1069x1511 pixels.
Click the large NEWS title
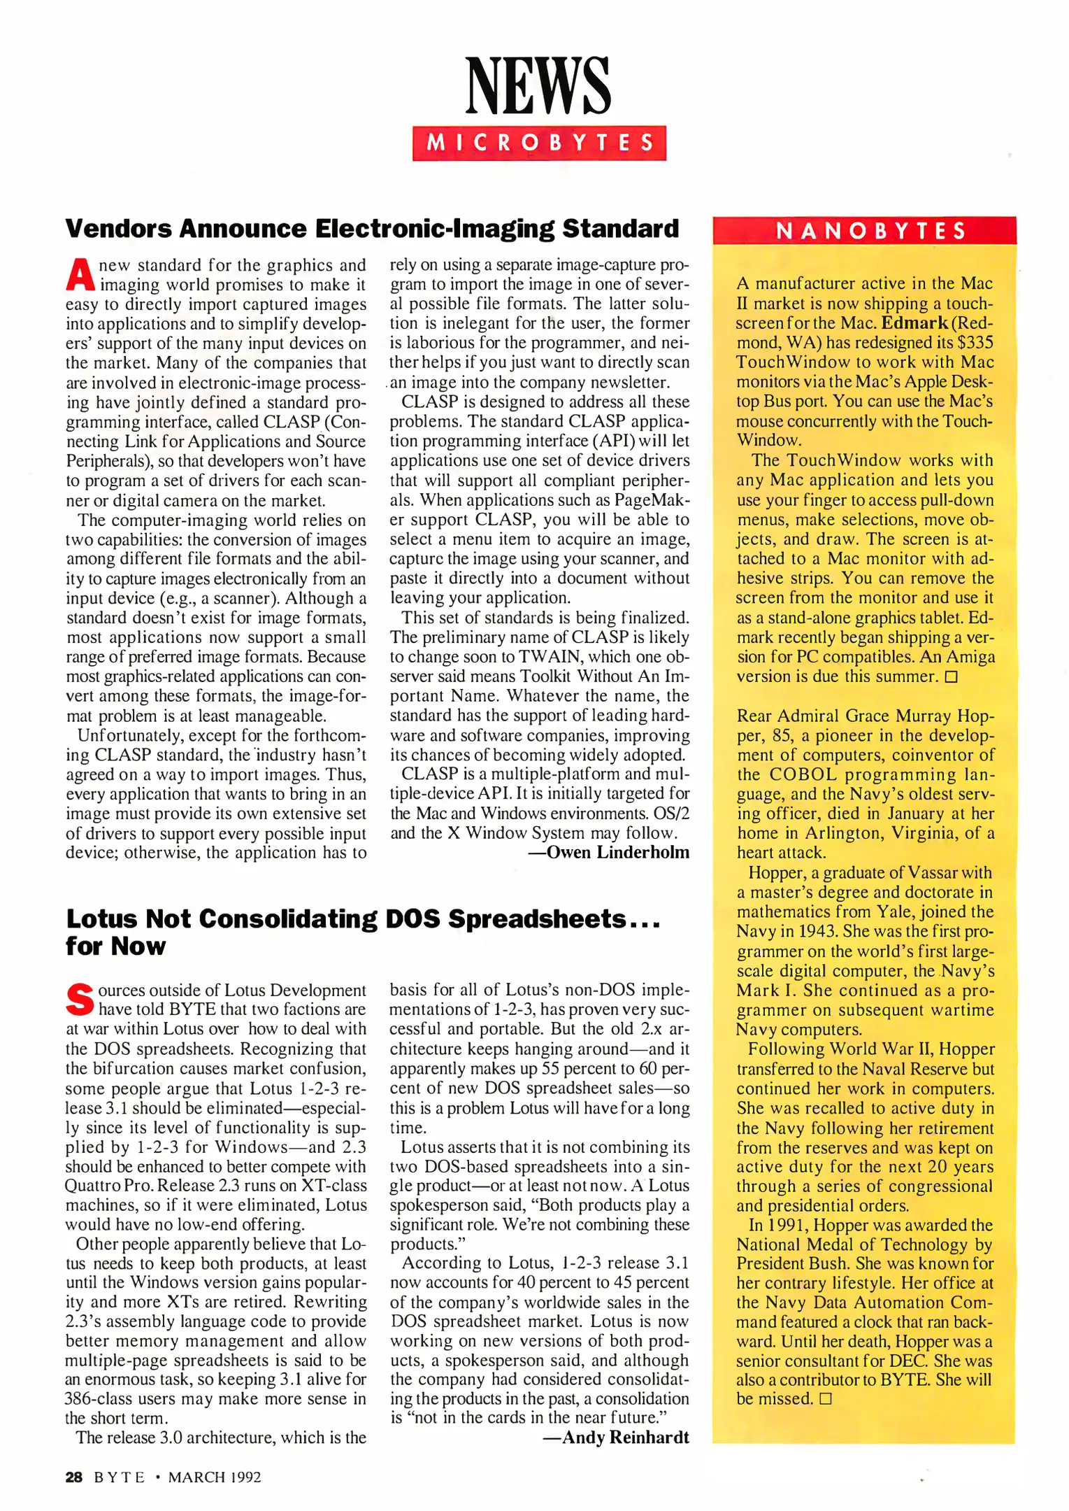(x=538, y=86)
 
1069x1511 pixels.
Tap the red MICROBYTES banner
(x=539, y=143)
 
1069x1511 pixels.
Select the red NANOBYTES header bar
(x=864, y=231)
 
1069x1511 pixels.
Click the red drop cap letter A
(x=80, y=276)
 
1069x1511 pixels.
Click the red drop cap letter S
(x=79, y=1000)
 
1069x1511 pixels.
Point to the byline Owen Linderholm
(x=609, y=852)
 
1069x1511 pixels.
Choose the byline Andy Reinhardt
(x=616, y=1438)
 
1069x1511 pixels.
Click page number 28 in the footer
(x=73, y=1477)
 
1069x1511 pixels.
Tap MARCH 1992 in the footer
(x=215, y=1477)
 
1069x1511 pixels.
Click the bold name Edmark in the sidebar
(x=914, y=323)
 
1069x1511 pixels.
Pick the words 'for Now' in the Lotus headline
(x=116, y=946)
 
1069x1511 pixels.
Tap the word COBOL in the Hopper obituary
(x=803, y=774)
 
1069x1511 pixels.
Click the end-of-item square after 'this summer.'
(x=951, y=677)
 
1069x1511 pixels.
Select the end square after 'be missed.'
(x=825, y=1399)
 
